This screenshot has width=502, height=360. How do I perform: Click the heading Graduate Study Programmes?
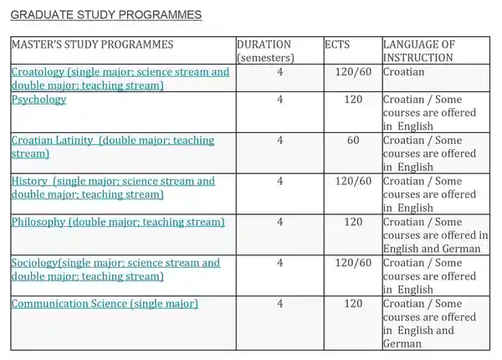pyautogui.click(x=106, y=15)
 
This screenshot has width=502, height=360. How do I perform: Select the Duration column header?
pyautogui.click(x=264, y=50)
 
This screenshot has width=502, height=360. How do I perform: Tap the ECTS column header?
pyautogui.click(x=337, y=44)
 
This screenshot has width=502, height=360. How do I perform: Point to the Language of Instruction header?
pyautogui.click(x=418, y=50)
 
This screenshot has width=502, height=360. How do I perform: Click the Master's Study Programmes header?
pyautogui.click(x=92, y=44)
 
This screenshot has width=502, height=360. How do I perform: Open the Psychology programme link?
pyautogui.click(x=38, y=99)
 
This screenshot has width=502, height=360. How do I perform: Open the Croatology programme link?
pyautogui.click(x=120, y=78)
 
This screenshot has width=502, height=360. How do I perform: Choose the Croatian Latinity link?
pyautogui.click(x=112, y=147)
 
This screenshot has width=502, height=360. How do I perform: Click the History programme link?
pyautogui.click(x=112, y=188)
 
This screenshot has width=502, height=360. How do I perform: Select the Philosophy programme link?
pyautogui.click(x=118, y=222)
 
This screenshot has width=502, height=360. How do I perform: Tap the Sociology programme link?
pyautogui.click(x=115, y=270)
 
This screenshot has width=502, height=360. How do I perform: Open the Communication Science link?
pyautogui.click(x=105, y=303)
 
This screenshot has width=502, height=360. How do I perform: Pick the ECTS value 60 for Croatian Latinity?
pyautogui.click(x=353, y=140)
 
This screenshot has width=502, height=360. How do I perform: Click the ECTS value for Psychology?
pyautogui.click(x=353, y=99)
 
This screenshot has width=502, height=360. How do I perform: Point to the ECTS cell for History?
pyautogui.click(x=353, y=181)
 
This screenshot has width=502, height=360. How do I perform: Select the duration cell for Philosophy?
pyautogui.click(x=280, y=222)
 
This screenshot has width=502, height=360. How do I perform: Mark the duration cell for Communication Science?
pyautogui.click(x=280, y=303)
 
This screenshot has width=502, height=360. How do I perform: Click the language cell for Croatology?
pyautogui.click(x=404, y=72)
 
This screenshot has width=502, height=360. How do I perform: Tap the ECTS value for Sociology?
pyautogui.click(x=353, y=263)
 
